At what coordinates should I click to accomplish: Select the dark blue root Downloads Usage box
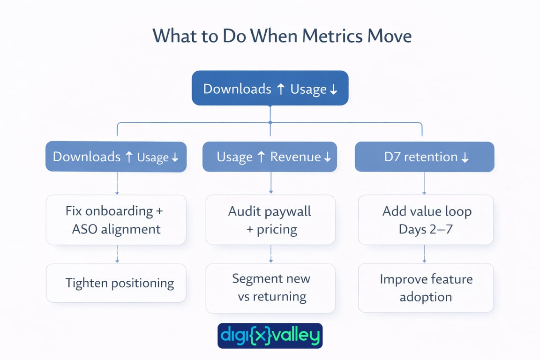(x=270, y=88)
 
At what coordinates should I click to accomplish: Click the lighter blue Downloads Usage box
(x=116, y=157)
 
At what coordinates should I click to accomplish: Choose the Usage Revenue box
(x=270, y=157)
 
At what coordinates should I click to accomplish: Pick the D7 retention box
(x=424, y=157)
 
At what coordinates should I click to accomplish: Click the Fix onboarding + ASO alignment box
(x=116, y=220)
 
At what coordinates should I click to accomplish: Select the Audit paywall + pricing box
(x=270, y=220)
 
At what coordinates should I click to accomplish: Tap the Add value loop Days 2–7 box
(x=426, y=220)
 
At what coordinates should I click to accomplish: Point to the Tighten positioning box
(x=116, y=283)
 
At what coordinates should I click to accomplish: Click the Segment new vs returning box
(x=270, y=288)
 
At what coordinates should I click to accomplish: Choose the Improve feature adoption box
(x=426, y=288)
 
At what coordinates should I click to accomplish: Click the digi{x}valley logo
(x=270, y=336)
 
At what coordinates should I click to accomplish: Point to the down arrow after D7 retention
(x=465, y=157)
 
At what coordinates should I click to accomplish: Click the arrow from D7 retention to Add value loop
(x=424, y=183)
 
